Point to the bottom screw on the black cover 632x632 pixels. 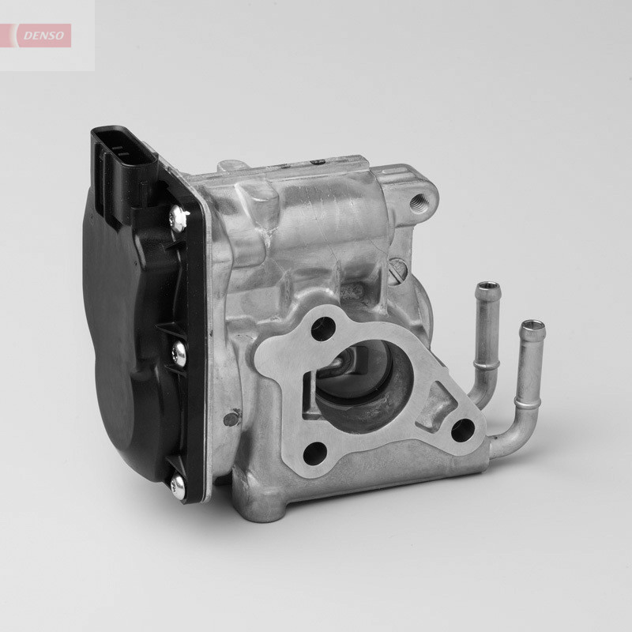tap(179, 484)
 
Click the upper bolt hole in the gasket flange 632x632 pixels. tap(321, 329)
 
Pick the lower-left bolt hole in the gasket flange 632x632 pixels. tap(314, 453)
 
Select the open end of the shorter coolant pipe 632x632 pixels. tap(488, 285)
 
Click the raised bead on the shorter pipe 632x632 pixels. tap(486, 365)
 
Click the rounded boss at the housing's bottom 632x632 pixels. tap(267, 506)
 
